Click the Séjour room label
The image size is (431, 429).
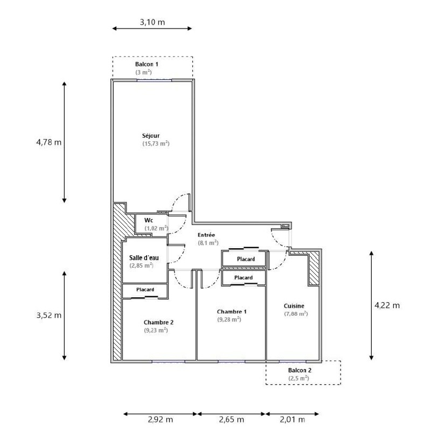click(151, 136)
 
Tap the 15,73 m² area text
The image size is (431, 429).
click(156, 144)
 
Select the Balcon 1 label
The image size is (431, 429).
click(147, 64)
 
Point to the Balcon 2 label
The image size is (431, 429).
click(300, 370)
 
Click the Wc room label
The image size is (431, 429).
click(149, 220)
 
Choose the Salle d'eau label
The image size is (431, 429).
click(144, 258)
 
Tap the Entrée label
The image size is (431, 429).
click(206, 235)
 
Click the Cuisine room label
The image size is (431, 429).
click(294, 306)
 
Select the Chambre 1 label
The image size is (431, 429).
click(232, 312)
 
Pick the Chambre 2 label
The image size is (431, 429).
click(159, 322)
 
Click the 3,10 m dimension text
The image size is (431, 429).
click(152, 22)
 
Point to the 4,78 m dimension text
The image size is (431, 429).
click(49, 142)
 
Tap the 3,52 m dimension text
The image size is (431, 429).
click(49, 315)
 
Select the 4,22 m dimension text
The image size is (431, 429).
click(387, 305)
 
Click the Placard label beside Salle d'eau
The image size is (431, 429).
click(145, 290)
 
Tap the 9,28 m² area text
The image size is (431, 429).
click(229, 319)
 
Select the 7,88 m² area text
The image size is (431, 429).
click(296, 314)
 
